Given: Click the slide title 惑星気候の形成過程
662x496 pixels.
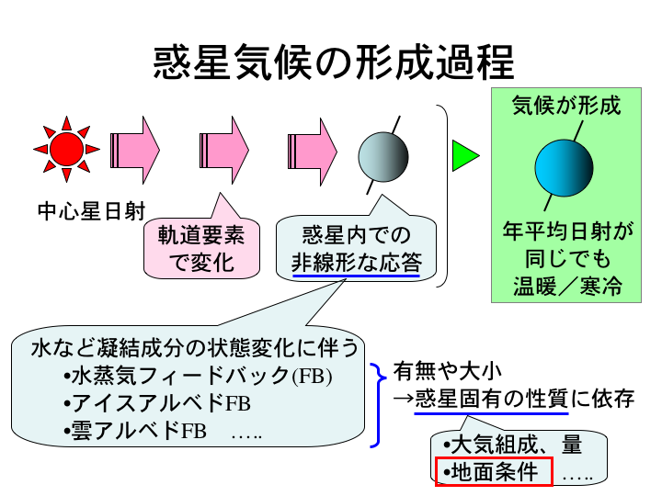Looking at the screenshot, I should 332,63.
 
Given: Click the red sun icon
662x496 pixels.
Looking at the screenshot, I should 66,147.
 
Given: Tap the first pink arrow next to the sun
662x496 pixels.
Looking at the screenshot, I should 135,147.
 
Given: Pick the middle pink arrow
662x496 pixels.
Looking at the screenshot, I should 224,147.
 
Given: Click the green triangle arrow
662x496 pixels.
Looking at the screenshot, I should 464,157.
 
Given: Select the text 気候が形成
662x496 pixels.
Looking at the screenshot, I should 566,106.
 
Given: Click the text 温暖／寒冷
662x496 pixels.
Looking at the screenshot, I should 566,286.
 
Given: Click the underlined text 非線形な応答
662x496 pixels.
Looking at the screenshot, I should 356,262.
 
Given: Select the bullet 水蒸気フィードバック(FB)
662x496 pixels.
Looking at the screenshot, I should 199,378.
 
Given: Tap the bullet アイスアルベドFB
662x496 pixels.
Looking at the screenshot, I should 158,403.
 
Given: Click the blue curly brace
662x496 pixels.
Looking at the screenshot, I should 377,404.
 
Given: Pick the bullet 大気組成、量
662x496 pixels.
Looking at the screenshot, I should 512,446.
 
